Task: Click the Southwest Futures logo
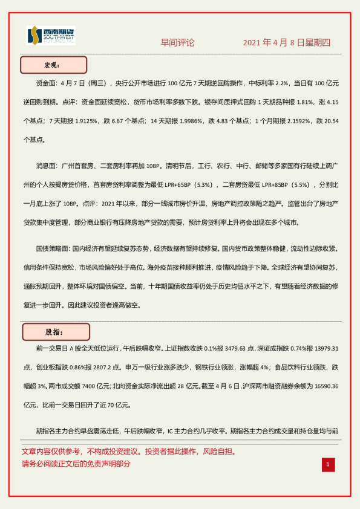[x=51, y=36]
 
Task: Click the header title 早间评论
[x=177, y=42]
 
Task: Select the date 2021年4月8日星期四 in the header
[x=286, y=42]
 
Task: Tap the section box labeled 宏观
[x=54, y=65]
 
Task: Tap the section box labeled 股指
[x=56, y=332]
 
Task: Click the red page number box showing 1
[x=327, y=464]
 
